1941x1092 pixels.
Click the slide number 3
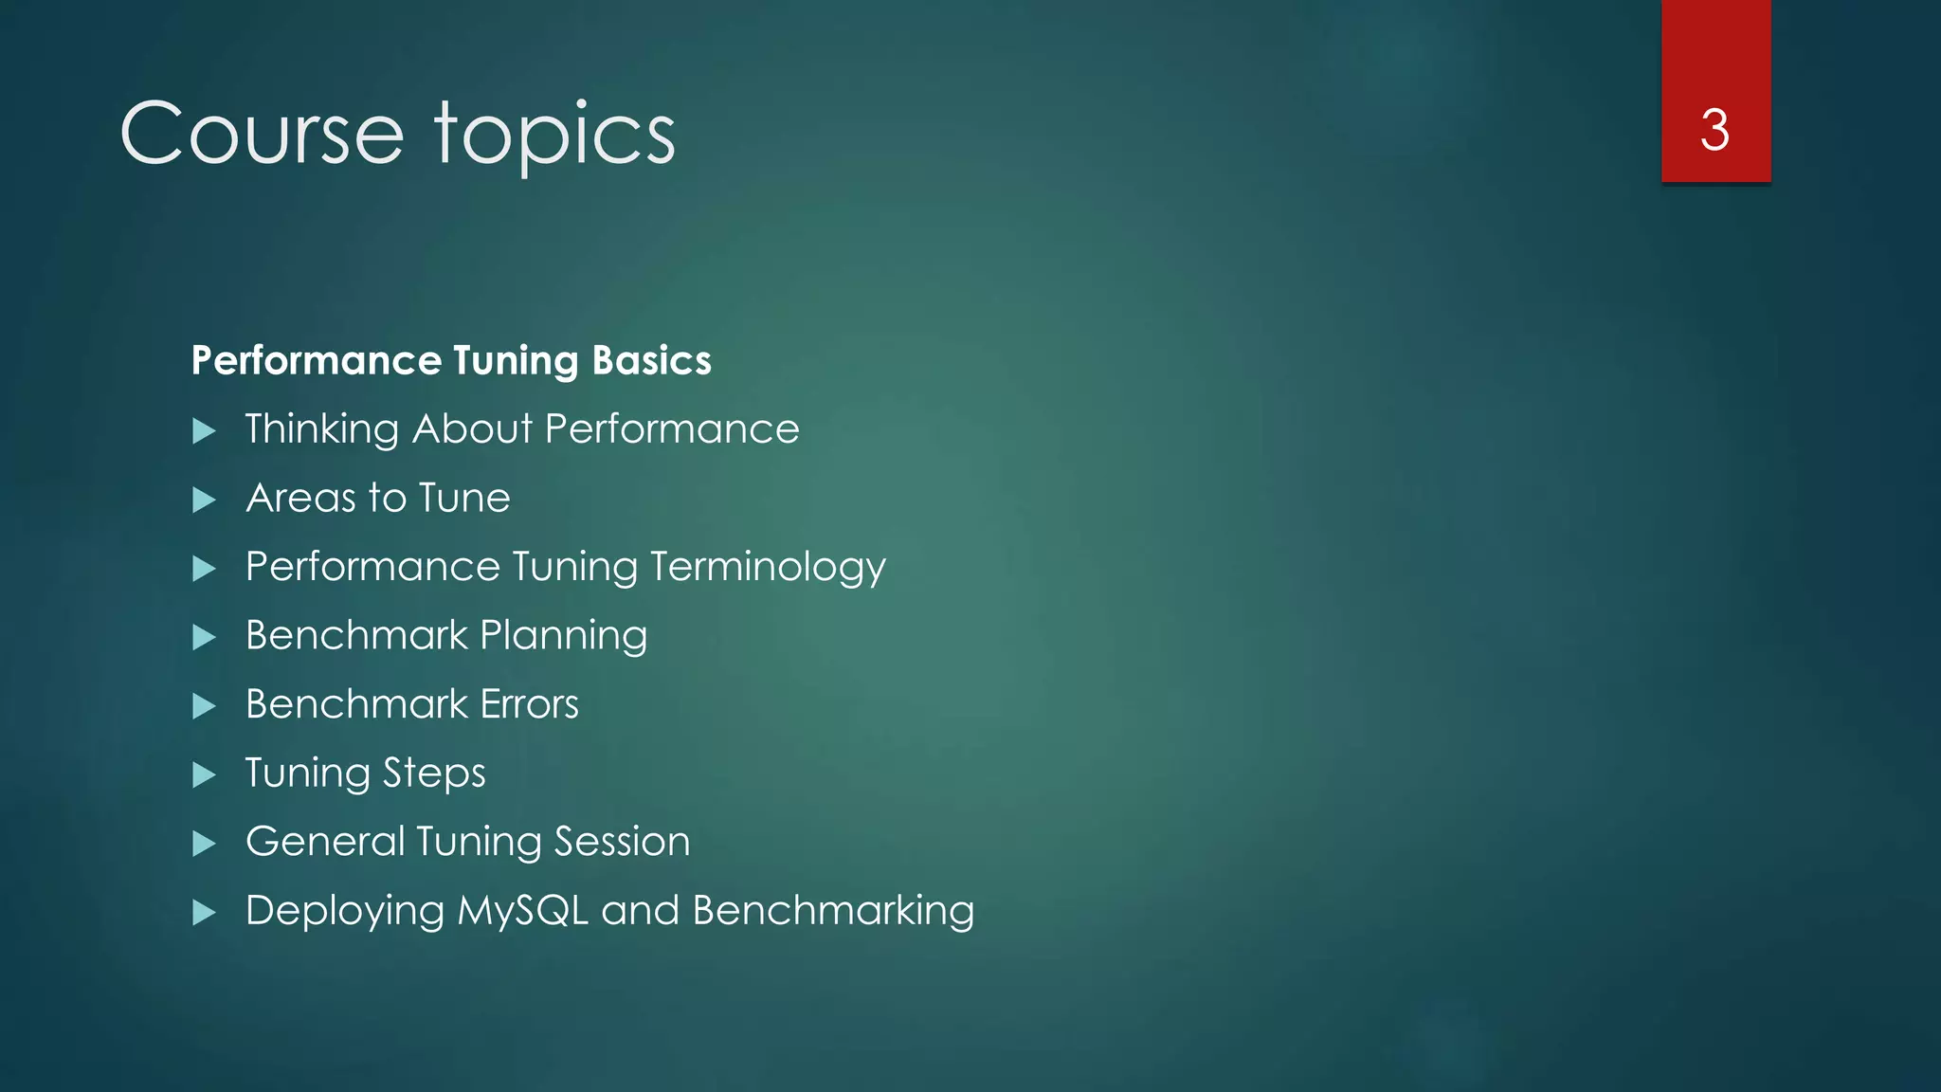(1714, 130)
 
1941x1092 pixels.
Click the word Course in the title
(262, 134)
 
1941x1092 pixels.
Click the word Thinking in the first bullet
(321, 429)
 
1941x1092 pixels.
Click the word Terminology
(768, 568)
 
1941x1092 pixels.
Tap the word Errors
(529, 704)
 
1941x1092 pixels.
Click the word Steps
(434, 773)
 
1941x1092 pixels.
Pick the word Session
(622, 842)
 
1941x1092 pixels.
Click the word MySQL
(522, 911)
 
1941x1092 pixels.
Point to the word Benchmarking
(833, 911)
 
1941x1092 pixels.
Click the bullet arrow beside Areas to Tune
(204, 500)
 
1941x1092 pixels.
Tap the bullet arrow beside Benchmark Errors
(204, 706)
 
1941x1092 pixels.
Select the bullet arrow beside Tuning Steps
(204, 775)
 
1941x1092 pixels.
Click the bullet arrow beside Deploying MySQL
(204, 913)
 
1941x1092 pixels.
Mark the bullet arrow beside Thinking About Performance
(204, 431)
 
